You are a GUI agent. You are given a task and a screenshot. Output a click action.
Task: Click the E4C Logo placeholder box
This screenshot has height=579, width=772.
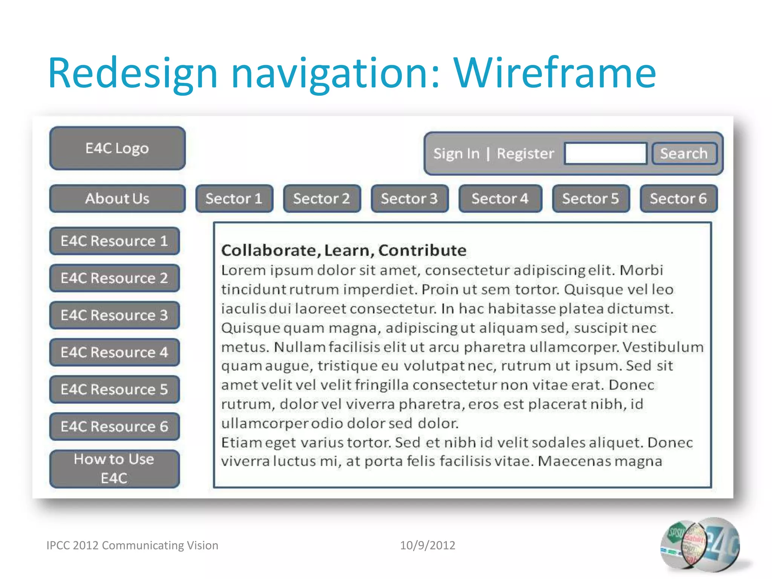point(117,148)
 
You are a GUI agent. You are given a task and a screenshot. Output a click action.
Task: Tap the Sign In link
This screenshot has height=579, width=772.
point(456,154)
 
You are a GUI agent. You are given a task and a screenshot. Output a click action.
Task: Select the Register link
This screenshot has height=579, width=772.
point(525,154)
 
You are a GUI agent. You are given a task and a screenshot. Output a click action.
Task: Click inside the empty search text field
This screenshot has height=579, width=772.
point(605,153)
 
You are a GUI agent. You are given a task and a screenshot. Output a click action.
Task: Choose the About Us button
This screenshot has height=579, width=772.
point(117,199)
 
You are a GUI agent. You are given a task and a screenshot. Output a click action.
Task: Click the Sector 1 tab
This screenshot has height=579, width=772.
point(234,199)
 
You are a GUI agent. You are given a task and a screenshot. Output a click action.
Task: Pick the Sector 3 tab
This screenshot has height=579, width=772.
point(409,199)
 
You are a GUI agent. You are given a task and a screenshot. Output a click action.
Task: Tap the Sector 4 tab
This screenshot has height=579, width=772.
point(500,199)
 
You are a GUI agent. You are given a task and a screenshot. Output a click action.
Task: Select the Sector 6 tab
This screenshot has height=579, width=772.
point(678,199)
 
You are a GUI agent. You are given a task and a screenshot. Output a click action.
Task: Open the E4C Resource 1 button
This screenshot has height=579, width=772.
point(114,241)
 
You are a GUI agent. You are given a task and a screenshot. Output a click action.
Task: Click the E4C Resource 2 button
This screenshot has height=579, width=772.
point(114,278)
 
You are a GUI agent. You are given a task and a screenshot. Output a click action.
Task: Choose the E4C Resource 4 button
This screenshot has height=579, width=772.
point(114,352)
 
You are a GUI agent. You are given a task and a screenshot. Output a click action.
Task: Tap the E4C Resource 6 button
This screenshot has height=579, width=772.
point(114,427)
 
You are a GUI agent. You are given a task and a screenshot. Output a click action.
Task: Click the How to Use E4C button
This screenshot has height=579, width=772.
point(114,469)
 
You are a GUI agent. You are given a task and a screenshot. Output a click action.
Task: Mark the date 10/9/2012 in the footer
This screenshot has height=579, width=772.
point(427,545)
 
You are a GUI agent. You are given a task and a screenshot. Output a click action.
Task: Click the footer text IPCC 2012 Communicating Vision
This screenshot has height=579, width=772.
point(132,545)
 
